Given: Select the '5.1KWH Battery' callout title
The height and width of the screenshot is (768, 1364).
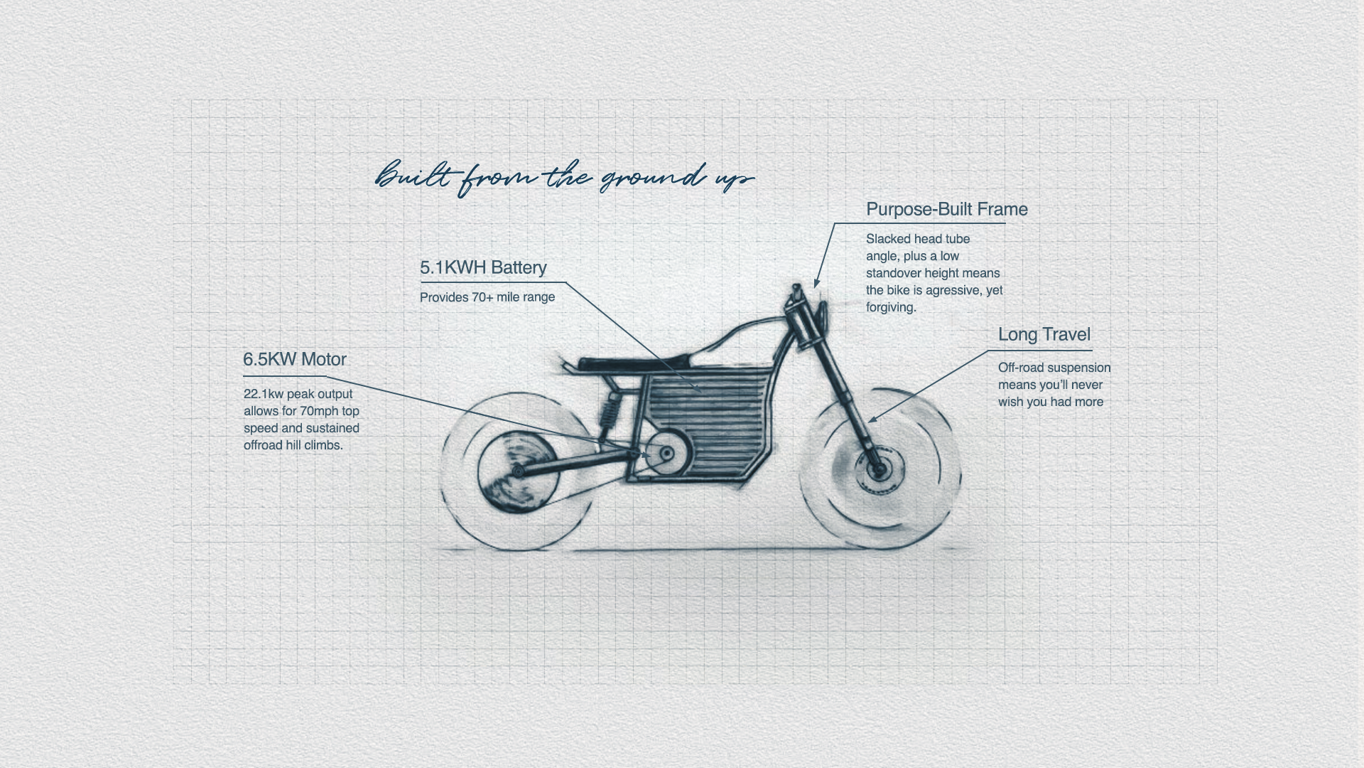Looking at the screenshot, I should click(483, 268).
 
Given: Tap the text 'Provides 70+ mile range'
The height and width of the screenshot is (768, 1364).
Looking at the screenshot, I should click(487, 297).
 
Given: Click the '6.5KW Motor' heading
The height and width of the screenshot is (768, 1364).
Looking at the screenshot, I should click(295, 360).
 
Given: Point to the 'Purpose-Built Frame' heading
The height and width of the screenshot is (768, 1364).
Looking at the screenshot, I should click(946, 210).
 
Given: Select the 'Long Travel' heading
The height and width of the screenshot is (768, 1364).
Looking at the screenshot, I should click(1044, 335).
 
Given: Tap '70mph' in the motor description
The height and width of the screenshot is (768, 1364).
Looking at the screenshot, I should click(320, 411).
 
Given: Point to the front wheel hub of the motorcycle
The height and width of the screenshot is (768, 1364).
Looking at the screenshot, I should click(879, 469).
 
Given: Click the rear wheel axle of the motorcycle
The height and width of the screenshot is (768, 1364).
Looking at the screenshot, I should click(518, 471).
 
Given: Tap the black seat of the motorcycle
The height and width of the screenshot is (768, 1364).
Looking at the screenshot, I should click(632, 363).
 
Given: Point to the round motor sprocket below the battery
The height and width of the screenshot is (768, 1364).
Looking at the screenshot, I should click(666, 454).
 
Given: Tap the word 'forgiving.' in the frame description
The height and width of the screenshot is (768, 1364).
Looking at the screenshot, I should click(891, 307).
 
